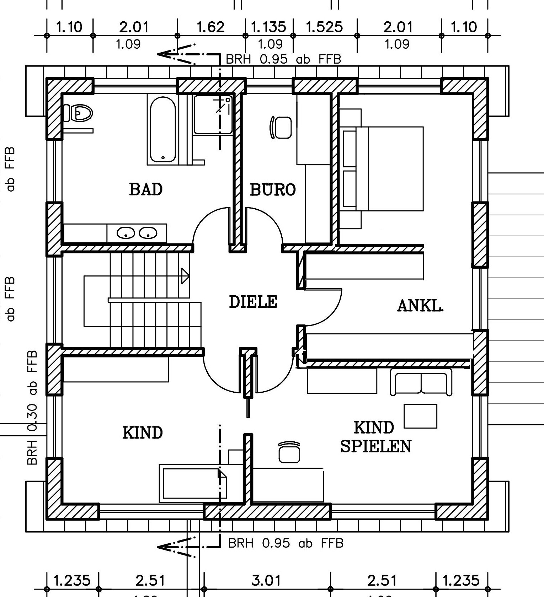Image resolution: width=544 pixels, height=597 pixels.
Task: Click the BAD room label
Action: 146,189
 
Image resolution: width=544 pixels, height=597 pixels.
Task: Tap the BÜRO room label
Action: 273,190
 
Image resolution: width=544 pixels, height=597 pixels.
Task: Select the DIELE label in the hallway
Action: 253,302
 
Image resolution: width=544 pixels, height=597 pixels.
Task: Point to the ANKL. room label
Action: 420,306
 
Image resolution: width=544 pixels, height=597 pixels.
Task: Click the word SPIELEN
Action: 375,447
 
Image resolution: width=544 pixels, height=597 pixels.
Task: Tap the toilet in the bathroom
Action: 79,113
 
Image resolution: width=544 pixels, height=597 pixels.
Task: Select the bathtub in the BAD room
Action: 163,130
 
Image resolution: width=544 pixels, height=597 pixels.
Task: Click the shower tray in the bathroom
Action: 213,114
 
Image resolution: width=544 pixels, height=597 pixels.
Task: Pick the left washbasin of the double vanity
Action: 126,233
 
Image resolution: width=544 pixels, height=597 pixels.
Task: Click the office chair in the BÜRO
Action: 281,128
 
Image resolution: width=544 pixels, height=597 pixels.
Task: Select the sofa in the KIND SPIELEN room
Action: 421,382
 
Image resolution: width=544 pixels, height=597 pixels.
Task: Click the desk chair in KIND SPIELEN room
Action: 289,452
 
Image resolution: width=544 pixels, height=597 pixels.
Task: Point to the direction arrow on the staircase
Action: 185,276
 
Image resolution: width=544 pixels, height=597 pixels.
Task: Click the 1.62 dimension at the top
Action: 210,27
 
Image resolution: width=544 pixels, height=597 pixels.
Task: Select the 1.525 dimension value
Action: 324,27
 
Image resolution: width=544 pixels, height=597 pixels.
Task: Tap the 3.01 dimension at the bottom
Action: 266,581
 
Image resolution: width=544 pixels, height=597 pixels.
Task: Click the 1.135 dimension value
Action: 268,27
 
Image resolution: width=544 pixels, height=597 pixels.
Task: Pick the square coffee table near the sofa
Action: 420,416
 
